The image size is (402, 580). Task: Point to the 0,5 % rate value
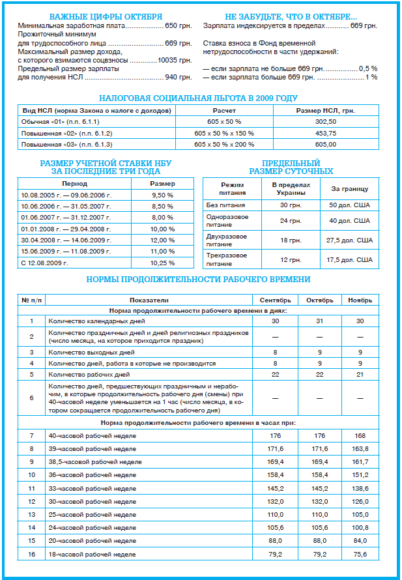(368, 68)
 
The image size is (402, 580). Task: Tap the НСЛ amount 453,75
(325, 133)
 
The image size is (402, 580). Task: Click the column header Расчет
(224, 111)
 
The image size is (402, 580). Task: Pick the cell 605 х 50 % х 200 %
(224, 144)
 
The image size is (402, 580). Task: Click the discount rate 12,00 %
(162, 240)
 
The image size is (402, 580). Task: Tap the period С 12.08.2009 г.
(45, 263)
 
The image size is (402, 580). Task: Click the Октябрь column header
(319, 300)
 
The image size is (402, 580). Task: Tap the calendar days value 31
(319, 321)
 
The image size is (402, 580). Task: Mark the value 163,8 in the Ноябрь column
(360, 449)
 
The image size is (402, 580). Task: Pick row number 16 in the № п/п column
(31, 554)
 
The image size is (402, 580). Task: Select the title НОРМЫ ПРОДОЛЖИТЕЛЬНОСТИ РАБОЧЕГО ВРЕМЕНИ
(198, 280)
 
